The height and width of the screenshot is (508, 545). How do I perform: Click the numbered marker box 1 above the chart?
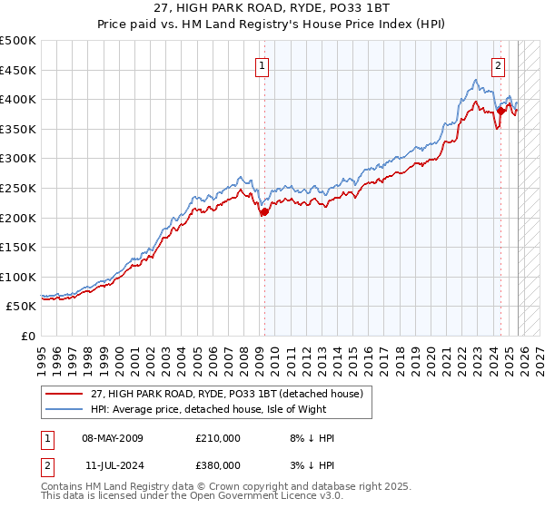262,65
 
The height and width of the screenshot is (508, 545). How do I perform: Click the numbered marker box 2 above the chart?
499,65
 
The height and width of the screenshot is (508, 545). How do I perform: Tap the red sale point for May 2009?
263,212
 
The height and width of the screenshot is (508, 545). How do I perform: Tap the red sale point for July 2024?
500,111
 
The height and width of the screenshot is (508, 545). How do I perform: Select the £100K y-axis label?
18,277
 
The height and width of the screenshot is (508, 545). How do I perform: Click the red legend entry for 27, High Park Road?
227,394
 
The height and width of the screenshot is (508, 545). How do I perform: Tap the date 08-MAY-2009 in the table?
113,438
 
